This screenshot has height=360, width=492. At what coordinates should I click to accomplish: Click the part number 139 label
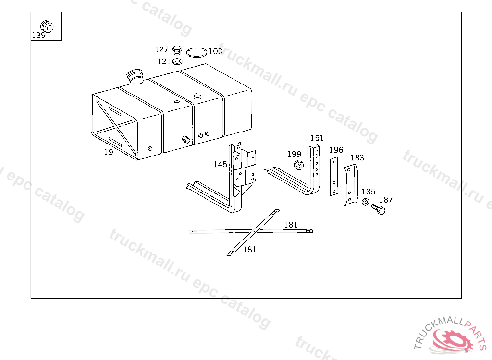coord(39,35)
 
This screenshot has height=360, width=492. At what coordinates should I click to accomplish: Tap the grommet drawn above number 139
coord(47,27)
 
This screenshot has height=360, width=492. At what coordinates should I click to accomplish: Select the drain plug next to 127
coord(177,50)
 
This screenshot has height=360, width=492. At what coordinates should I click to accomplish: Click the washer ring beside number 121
coord(177,61)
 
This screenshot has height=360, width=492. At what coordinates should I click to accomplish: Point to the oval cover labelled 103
coord(197,52)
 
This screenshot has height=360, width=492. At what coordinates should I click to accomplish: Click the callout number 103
coord(216,51)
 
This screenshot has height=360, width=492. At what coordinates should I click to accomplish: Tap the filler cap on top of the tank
coord(135,76)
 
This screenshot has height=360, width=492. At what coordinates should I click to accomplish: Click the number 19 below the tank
coord(109,152)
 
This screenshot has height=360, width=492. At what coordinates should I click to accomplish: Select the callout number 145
coord(220,164)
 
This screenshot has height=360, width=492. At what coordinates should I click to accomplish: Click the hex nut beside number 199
coord(299,165)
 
